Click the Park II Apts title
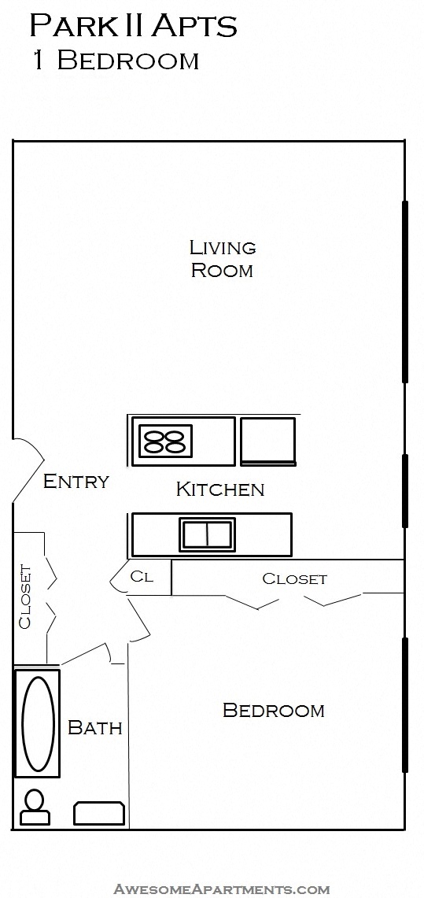[x=133, y=26]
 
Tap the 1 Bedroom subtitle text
[x=116, y=61]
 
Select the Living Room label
[x=223, y=259]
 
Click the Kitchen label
[x=219, y=489]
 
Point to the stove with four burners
[x=166, y=441]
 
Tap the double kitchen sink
[x=207, y=534]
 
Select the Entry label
[x=76, y=481]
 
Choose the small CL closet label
[x=142, y=577]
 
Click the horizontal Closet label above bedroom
[x=294, y=578]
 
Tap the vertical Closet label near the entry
[x=25, y=597]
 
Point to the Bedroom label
[x=273, y=710]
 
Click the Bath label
[x=95, y=727]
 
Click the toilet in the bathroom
[x=35, y=807]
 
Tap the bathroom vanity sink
[x=99, y=813]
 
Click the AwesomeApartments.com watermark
[x=222, y=889]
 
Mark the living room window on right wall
[x=405, y=291]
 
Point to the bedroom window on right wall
[x=405, y=704]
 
